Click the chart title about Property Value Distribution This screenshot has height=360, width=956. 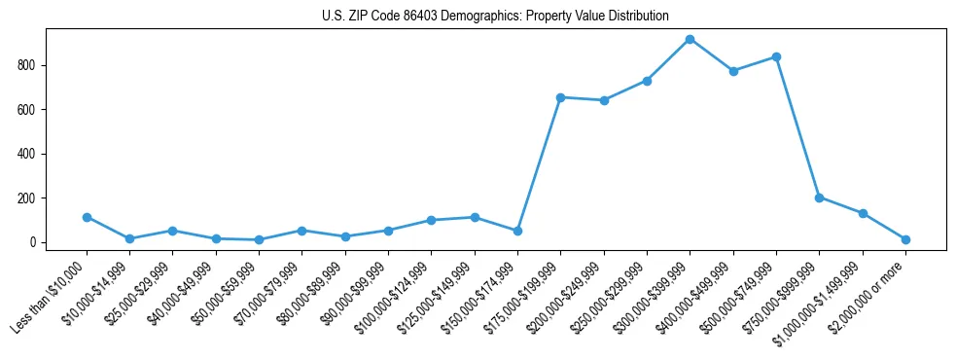pyautogui.click(x=495, y=16)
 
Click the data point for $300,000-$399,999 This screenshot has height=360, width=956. pyautogui.click(x=690, y=39)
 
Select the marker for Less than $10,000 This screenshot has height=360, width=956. pyautogui.click(x=87, y=217)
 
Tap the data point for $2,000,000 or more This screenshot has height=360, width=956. pyautogui.click(x=905, y=239)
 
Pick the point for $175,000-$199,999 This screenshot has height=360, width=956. pyautogui.click(x=560, y=97)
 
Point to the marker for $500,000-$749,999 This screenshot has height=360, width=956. pyautogui.click(x=776, y=56)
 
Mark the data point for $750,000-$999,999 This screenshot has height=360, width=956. pyautogui.click(x=819, y=198)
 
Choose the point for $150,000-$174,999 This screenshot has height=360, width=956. pyautogui.click(x=517, y=231)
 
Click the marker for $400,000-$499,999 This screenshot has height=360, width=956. pyautogui.click(x=733, y=71)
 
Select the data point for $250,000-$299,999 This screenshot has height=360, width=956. pyautogui.click(x=647, y=81)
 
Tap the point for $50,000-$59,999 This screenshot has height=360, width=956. pyautogui.click(x=259, y=239)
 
